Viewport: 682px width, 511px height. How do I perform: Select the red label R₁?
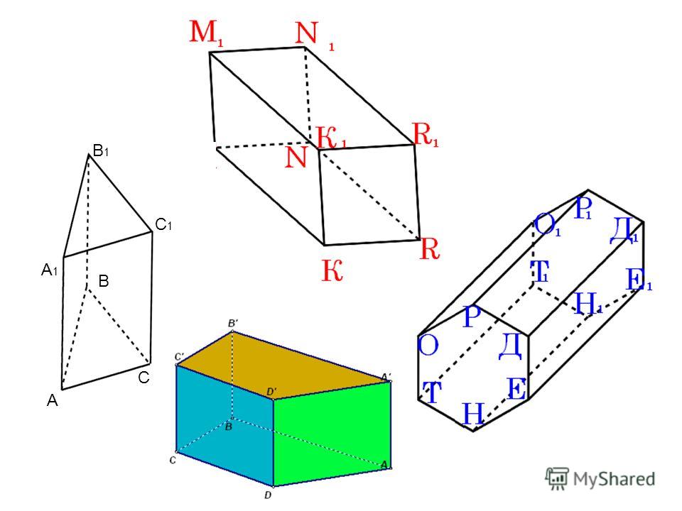click(x=426, y=134)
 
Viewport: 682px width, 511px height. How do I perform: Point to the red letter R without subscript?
click(x=430, y=249)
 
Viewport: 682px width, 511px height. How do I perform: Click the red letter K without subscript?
click(x=332, y=270)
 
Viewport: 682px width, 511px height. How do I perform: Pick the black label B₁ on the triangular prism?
click(x=100, y=150)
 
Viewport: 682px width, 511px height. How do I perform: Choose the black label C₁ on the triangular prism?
click(x=163, y=225)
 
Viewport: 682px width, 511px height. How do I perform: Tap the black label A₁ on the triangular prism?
click(x=50, y=270)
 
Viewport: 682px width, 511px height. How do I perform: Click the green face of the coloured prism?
click(x=332, y=432)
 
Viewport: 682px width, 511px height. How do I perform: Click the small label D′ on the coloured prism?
click(x=271, y=392)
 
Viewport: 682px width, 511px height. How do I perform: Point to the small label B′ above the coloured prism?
click(x=233, y=324)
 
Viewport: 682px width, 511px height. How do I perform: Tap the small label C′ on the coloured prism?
click(x=179, y=357)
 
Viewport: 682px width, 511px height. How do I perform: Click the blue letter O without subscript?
click(x=428, y=346)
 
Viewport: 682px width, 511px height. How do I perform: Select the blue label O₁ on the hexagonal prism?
click(x=547, y=226)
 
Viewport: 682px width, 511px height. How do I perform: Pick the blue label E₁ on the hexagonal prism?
click(x=639, y=280)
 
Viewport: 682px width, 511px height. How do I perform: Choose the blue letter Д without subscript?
click(x=510, y=346)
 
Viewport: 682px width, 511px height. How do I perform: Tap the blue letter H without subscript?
click(x=473, y=413)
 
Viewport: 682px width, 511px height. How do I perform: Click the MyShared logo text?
click(x=614, y=478)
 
